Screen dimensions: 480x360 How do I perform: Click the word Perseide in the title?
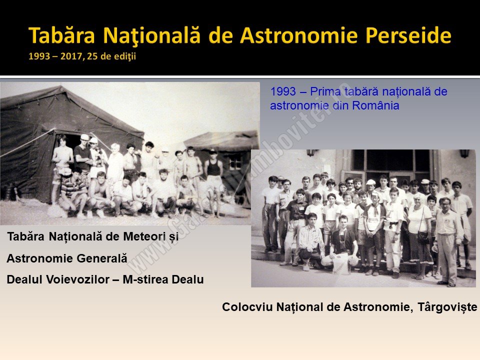(x=408, y=35)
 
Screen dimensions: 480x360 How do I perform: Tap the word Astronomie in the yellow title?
(x=299, y=35)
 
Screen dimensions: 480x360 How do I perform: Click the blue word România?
(x=375, y=105)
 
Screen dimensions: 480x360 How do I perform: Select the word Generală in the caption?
(x=102, y=258)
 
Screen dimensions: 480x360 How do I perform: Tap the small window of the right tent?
(x=235, y=161)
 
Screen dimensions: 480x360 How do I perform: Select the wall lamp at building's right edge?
(x=464, y=153)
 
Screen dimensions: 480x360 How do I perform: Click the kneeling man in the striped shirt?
(x=310, y=242)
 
